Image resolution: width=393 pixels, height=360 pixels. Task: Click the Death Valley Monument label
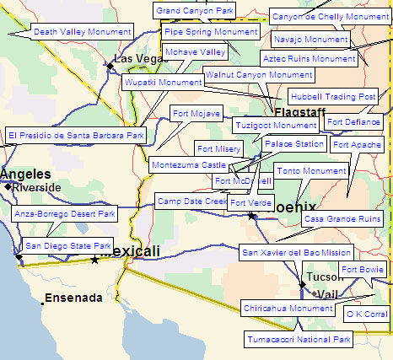(82, 31)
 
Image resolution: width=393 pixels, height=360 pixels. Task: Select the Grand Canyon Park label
(195, 10)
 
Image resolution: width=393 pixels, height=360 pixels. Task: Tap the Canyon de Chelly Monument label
(330, 16)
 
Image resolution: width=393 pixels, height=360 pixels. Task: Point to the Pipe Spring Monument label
(211, 32)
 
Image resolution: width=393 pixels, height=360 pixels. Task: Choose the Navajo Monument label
(310, 39)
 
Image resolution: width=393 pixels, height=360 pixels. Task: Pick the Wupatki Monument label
(163, 83)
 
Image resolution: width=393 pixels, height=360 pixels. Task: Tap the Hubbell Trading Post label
(332, 96)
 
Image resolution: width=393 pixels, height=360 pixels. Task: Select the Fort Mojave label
(196, 113)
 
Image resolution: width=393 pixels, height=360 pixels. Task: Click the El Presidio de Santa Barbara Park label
(76, 135)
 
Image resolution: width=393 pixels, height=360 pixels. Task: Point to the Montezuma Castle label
(189, 165)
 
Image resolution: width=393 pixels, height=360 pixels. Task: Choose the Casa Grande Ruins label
(342, 218)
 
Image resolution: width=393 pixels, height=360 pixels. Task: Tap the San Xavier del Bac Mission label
(296, 252)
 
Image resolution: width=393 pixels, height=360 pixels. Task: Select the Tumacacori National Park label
(299, 340)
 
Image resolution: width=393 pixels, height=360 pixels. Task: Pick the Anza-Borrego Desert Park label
(65, 214)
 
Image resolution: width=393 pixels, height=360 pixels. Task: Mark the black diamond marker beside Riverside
(8, 186)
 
